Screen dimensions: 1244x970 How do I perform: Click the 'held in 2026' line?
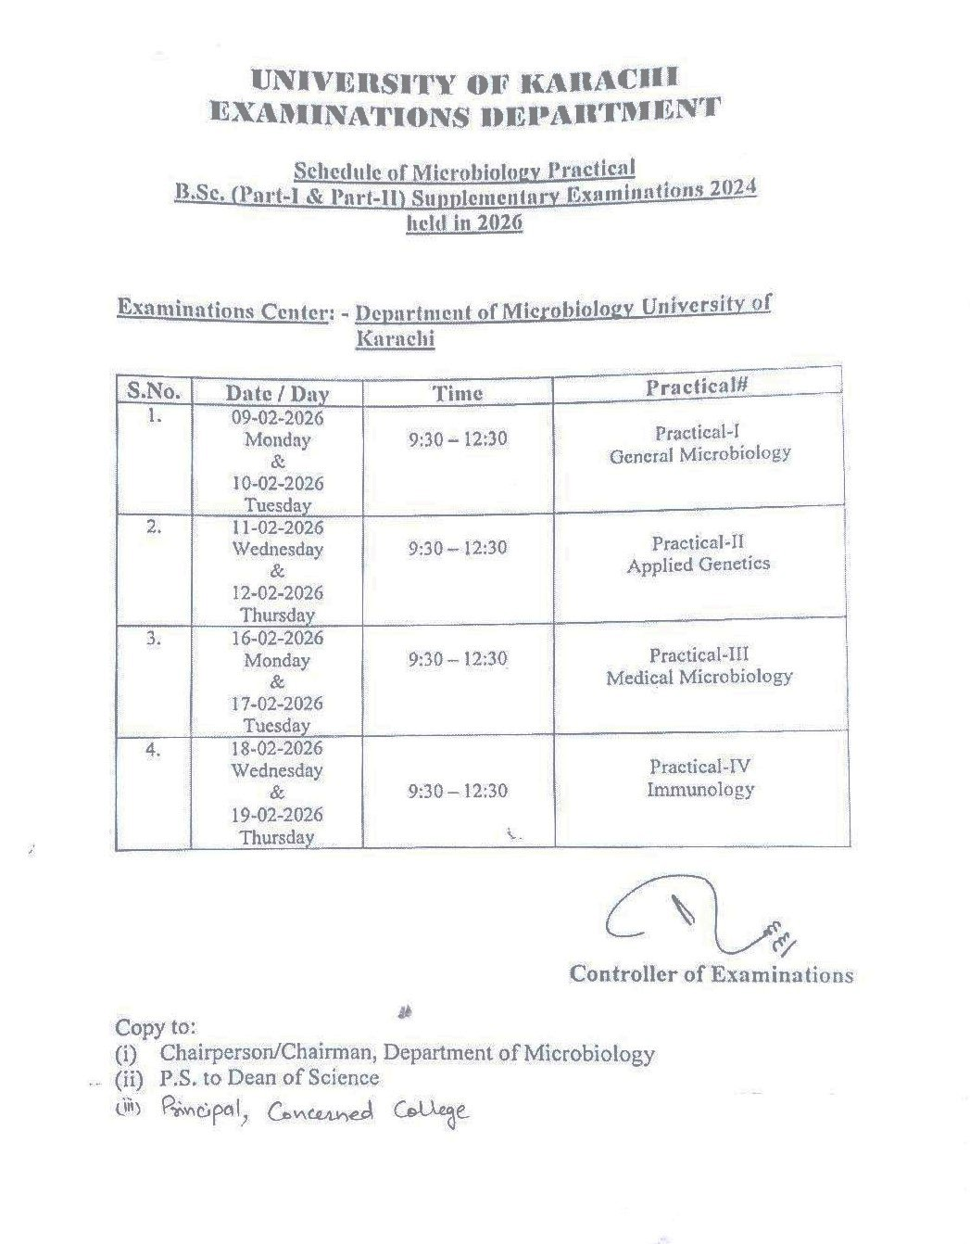[464, 222]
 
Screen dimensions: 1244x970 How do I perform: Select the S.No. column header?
[153, 390]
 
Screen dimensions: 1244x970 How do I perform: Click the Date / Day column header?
[277, 393]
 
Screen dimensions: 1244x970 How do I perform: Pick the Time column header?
[458, 392]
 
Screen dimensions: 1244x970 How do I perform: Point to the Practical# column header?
[697, 387]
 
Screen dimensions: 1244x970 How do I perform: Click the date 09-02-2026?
[277, 417]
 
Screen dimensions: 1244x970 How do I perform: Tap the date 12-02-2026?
[277, 593]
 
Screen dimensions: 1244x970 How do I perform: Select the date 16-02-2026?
[277, 638]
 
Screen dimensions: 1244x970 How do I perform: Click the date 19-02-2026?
[277, 815]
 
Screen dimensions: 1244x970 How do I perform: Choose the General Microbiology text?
[699, 454]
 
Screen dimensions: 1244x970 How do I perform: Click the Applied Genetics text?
[698, 565]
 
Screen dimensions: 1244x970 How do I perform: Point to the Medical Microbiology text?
[699, 677]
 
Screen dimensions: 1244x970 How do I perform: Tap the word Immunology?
[700, 790]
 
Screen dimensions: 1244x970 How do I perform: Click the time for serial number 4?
[458, 791]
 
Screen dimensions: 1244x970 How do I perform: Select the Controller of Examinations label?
[711, 973]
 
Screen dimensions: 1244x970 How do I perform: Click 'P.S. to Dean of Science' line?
[269, 1077]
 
